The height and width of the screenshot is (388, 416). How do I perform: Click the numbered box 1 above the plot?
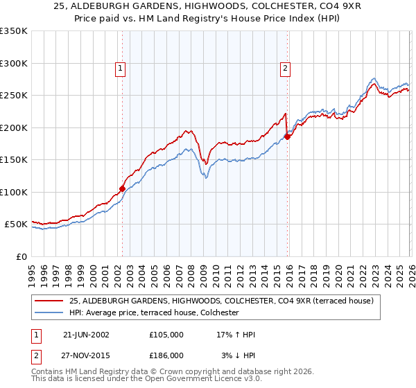pyautogui.click(x=121, y=68)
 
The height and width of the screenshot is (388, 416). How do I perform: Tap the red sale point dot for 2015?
pyautogui.click(x=287, y=136)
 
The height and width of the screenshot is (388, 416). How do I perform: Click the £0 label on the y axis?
pyautogui.click(x=21, y=256)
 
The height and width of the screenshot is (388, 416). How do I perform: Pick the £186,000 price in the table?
pyautogui.click(x=166, y=355)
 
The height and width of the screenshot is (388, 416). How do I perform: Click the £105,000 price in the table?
pyautogui.click(x=166, y=335)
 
